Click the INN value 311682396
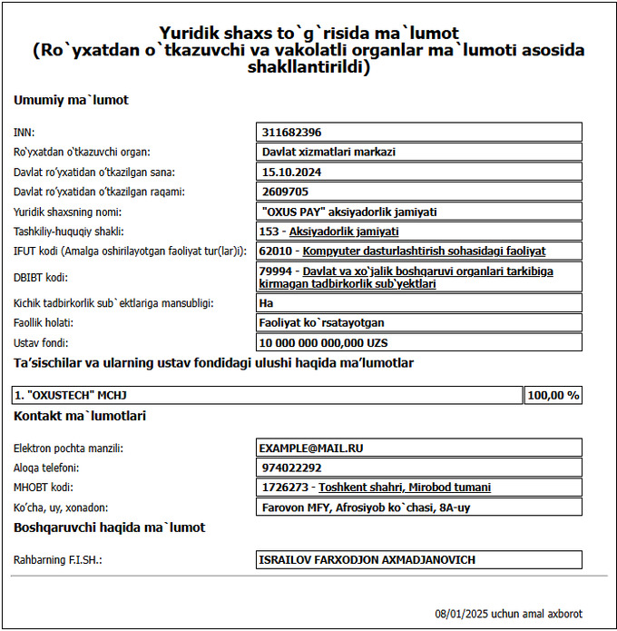tap(291, 132)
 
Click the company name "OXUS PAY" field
tap(348, 212)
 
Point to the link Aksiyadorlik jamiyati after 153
tap(344, 232)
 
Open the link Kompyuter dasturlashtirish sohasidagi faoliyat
tap(425, 251)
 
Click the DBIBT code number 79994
tap(274, 271)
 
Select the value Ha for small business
tap(267, 302)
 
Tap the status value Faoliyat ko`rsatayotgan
tap(324, 322)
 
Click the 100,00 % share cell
tap(553, 395)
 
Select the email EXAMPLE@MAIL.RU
tap(312, 448)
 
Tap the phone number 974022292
tap(289, 468)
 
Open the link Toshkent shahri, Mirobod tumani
tap(404, 488)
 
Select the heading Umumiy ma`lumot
tap(71, 100)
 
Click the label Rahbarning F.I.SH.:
tap(57, 560)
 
